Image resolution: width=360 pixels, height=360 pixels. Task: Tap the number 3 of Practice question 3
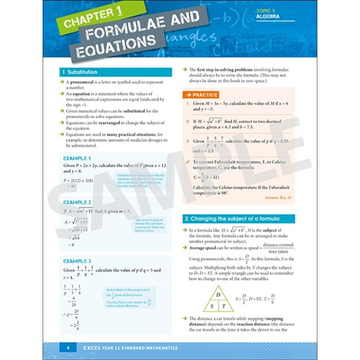185,142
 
